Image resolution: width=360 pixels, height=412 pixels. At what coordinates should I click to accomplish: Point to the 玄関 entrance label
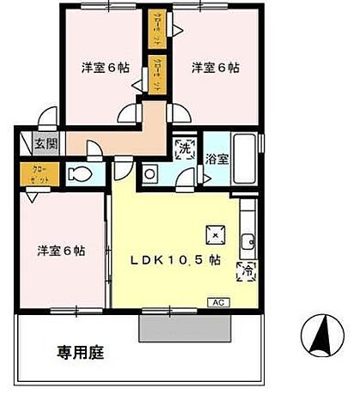(46, 144)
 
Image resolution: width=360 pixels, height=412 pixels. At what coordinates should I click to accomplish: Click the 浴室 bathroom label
(217, 159)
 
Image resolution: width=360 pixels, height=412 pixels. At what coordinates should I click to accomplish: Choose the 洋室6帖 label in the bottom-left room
(61, 251)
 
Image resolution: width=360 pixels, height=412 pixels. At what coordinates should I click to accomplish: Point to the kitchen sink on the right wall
(247, 241)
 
